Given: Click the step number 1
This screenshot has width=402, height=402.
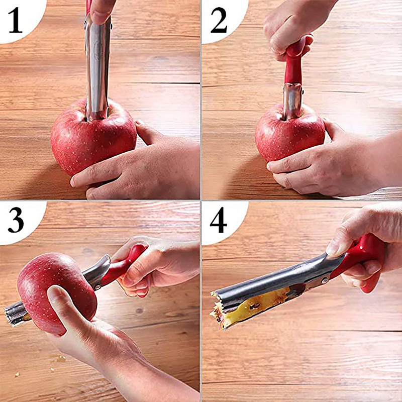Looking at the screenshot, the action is point(16,20).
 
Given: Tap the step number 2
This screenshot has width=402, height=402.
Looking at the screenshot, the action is point(219,20).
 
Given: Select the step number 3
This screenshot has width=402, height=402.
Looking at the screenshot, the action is point(16,220).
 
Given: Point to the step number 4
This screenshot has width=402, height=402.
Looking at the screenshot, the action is point(219,220).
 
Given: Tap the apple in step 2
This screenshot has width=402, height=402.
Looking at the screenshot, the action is point(290,133).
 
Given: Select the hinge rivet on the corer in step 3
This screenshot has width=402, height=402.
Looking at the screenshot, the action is point(97,286).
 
